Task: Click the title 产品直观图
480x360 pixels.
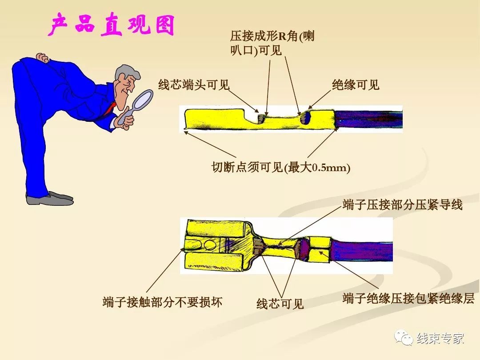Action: tap(111, 25)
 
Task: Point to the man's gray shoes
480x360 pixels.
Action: tap(49, 198)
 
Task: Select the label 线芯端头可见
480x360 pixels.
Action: tap(194, 85)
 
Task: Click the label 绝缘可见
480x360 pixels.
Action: tap(356, 85)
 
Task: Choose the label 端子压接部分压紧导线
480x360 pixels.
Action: tap(403, 205)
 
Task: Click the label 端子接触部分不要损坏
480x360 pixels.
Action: tap(162, 302)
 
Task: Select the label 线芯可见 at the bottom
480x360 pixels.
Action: tap(280, 304)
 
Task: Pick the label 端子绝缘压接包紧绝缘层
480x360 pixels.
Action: tap(408, 298)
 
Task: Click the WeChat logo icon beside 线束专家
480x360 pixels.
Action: tap(405, 338)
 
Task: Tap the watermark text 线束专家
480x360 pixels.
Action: tap(440, 338)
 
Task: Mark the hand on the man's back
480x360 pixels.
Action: tap(42, 58)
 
